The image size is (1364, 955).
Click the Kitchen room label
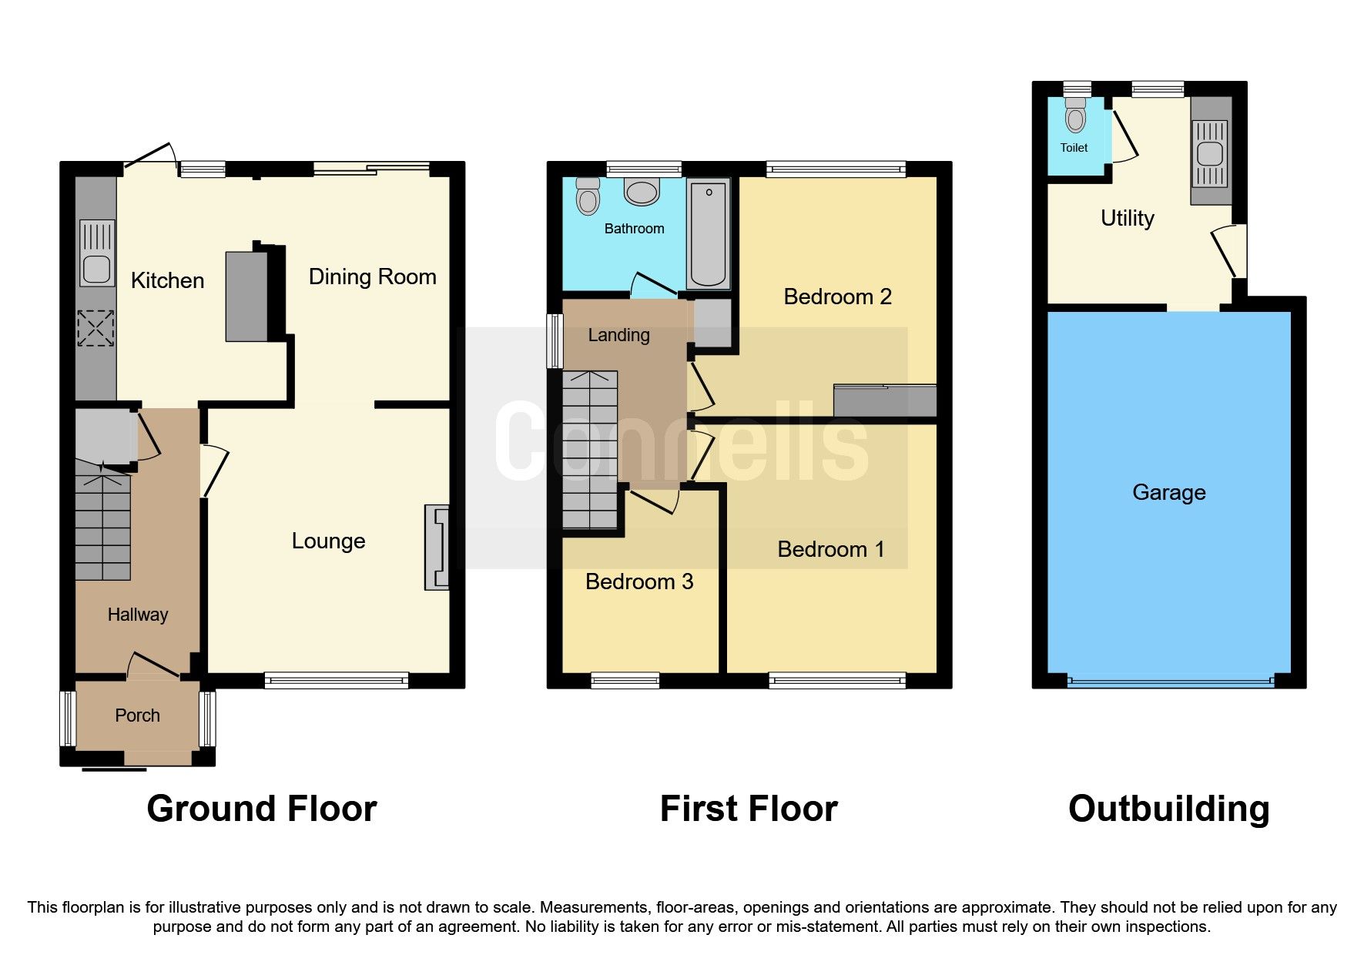(167, 280)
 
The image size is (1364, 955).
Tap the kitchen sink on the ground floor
(97, 253)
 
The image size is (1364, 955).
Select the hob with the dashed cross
(96, 328)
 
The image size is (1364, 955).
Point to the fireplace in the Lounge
(437, 548)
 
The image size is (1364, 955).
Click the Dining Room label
(372, 276)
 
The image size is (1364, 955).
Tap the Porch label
(137, 715)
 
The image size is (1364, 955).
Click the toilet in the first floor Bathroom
(588, 196)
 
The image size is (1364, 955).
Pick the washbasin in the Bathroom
(641, 192)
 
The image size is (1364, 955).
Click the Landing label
(618, 335)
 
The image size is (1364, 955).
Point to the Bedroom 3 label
(638, 581)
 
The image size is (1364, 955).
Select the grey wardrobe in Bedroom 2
(885, 401)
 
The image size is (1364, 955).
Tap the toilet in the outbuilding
(1075, 116)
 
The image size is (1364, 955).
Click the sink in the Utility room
(1209, 153)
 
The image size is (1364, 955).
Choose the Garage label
(1168, 492)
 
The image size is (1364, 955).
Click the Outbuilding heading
(1168, 809)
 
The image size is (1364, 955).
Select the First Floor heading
(748, 809)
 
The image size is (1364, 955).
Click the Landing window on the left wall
(554, 340)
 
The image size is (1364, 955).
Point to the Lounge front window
(336, 679)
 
